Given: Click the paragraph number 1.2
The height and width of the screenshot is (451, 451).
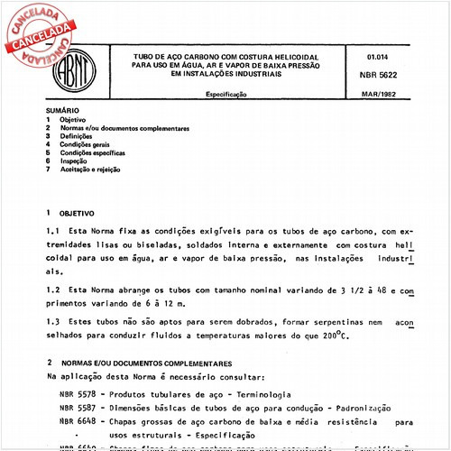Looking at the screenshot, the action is point(53,291).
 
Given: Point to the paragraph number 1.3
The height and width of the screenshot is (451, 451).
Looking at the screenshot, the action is point(53,321).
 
